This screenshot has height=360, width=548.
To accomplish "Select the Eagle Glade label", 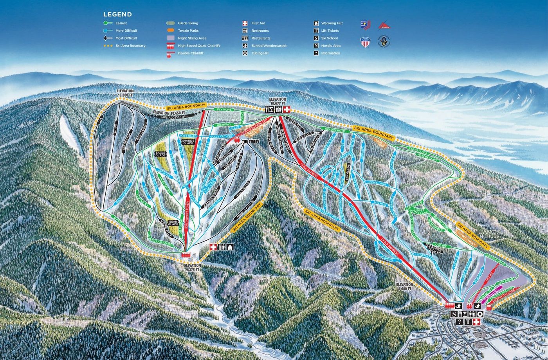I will pyautogui.click(x=160, y=154).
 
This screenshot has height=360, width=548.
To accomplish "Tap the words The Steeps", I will pyautogui.click(x=251, y=141).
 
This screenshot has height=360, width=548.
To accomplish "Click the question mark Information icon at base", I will pyautogui.click(x=459, y=322).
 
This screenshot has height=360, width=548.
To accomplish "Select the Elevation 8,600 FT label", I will pyautogui.click(x=404, y=286).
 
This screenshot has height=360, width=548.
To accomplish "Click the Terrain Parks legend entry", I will pyautogui.click(x=188, y=31).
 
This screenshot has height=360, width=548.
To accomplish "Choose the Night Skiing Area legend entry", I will pyautogui.click(x=192, y=38).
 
